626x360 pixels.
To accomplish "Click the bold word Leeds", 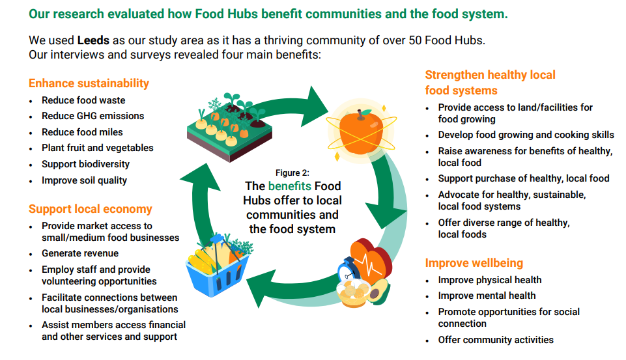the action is click(x=93, y=40).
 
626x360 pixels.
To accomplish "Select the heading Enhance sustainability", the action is click(x=89, y=83).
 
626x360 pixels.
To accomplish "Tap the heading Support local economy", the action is click(x=91, y=209).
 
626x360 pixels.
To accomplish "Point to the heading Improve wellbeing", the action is click(x=474, y=263).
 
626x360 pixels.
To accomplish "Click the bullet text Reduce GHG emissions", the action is click(x=92, y=116).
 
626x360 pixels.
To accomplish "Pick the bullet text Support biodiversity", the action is click(x=85, y=164).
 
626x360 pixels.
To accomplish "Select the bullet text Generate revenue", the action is click(x=80, y=253).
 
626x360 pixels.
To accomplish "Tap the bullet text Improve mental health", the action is click(x=487, y=296).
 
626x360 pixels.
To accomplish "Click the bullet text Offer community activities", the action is click(x=496, y=340).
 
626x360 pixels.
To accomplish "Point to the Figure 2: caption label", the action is click(x=292, y=173).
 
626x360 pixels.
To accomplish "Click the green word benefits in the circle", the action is click(x=289, y=186).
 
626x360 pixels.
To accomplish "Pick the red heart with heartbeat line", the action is click(x=371, y=260).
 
